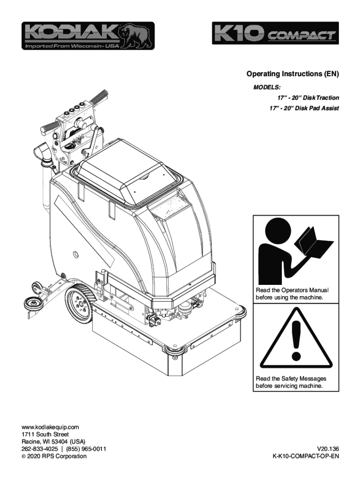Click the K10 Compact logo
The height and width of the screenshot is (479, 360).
(x=274, y=34)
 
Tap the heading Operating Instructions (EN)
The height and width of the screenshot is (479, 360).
(x=292, y=74)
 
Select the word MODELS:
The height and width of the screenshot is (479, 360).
(x=267, y=87)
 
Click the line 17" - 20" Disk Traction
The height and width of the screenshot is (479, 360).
(x=308, y=98)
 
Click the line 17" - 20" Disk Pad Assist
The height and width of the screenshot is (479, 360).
(x=304, y=108)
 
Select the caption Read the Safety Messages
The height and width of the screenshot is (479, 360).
(x=290, y=378)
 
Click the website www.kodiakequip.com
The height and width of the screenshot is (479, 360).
(x=50, y=427)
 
